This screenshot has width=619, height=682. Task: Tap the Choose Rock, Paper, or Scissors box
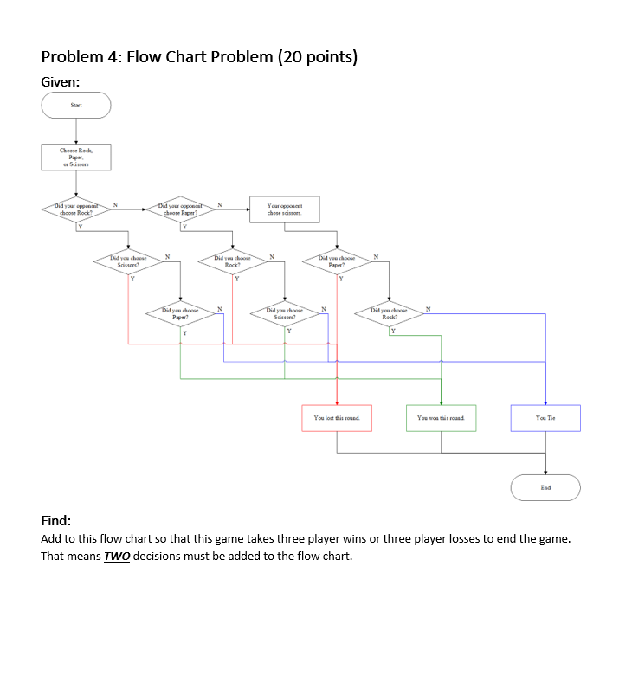[76, 157]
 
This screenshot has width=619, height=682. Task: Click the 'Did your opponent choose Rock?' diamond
[76, 209]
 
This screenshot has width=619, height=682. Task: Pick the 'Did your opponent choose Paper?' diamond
[181, 209]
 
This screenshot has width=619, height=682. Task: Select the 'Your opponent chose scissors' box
[285, 209]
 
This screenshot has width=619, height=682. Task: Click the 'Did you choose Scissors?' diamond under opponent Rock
[128, 261]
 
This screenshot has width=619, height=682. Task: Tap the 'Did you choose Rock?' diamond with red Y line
[232, 261]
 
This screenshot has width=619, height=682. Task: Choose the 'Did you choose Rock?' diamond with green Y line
[389, 313]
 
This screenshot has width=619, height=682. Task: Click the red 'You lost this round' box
[337, 418]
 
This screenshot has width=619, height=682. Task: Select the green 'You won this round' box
[441, 418]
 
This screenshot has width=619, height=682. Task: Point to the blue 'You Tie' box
[545, 418]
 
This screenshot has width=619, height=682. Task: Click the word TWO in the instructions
[117, 556]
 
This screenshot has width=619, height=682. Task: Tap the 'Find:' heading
[55, 521]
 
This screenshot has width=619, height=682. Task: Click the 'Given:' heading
[61, 81]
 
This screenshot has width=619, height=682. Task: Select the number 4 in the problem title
[112, 57]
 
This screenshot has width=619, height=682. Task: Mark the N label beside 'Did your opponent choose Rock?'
[115, 205]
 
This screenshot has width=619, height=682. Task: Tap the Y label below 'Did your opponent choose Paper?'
[184, 227]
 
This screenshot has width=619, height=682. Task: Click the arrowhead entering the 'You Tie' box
[545, 403]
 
